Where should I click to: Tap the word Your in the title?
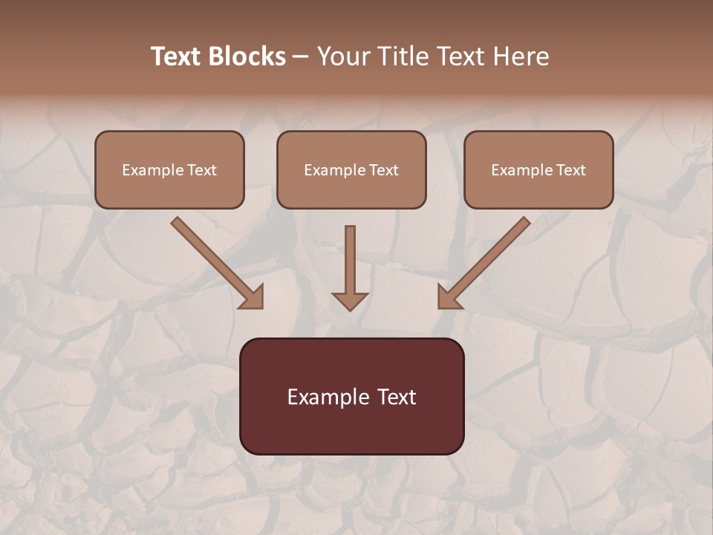pyautogui.click(x=343, y=56)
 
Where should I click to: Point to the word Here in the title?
pyautogui.click(x=522, y=56)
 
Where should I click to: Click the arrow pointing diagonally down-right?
pyautogui.click(x=215, y=261)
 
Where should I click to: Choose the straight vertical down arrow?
pyautogui.click(x=350, y=264)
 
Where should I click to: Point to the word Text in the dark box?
pyautogui.click(x=397, y=397)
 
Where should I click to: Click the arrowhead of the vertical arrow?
pyautogui.click(x=350, y=302)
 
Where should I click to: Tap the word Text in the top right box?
pyautogui.click(x=571, y=170)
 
